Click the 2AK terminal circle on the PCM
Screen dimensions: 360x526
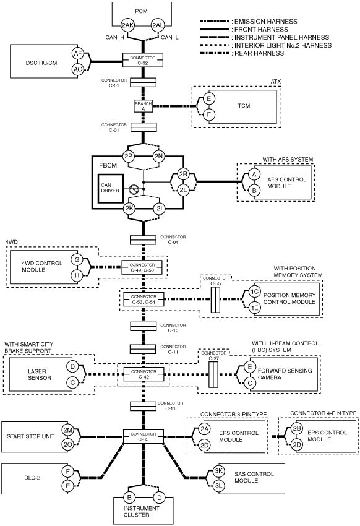pos(127,25)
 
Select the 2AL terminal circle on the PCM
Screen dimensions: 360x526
pos(158,25)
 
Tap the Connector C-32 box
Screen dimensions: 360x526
pos(143,61)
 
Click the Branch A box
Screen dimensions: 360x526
pos(143,106)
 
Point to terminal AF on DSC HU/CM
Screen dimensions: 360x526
pos(78,53)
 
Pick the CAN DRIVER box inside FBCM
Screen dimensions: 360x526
pos(111,188)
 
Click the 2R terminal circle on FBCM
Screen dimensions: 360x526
pos(183,174)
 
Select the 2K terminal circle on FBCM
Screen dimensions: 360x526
pos(129,209)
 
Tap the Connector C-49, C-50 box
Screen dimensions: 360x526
pos(142,267)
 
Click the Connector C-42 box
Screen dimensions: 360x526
pos(144,374)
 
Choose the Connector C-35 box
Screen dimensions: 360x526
pos(143,436)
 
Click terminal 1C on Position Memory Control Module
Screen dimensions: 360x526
pos(254,291)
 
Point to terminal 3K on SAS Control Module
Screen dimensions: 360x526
pos(218,471)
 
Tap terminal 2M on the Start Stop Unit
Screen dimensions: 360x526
pos(67,429)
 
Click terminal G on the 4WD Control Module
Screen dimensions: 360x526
pos(77,259)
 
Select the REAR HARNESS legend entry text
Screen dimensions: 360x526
pos(259,53)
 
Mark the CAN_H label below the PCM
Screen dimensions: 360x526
pos(114,37)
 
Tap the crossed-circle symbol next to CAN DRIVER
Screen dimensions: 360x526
pos(134,190)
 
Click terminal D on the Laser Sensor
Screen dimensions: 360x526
pos(72,366)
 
